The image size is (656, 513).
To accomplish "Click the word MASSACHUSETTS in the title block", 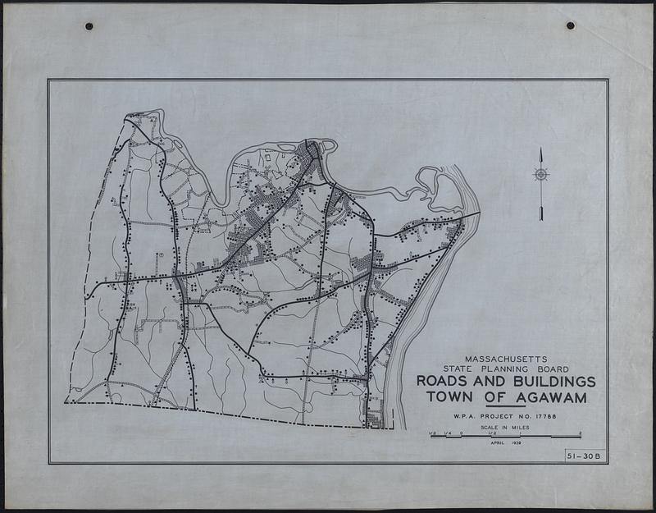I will (x=507, y=359).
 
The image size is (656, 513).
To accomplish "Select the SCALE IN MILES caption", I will (x=506, y=428).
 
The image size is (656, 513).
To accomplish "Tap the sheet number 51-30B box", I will (x=583, y=456).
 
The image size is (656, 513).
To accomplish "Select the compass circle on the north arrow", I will (x=541, y=174).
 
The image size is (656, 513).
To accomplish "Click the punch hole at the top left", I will (x=89, y=26).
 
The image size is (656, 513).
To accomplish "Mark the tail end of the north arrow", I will (x=541, y=217).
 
